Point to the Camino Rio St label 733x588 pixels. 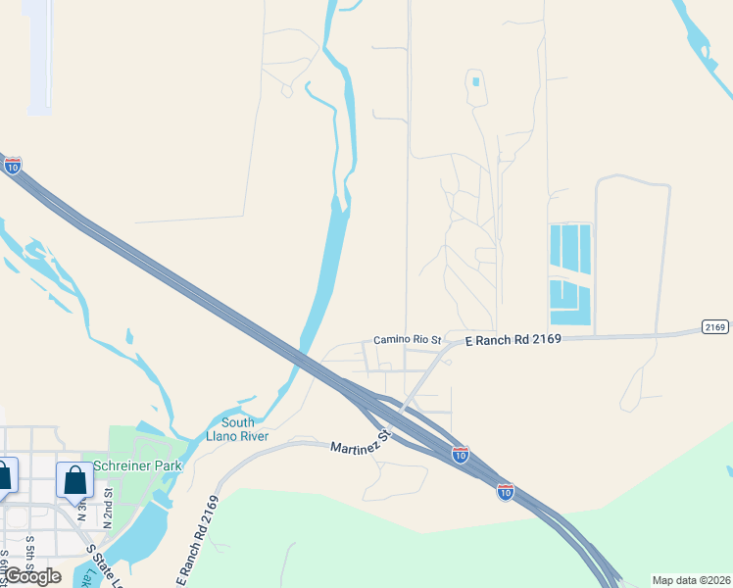point(409,339)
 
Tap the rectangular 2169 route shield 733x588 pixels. point(715,326)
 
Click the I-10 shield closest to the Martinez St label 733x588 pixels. point(460,454)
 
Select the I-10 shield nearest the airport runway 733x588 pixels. point(12,166)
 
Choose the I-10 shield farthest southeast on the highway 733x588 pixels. point(505,490)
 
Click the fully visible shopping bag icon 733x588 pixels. point(74,481)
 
